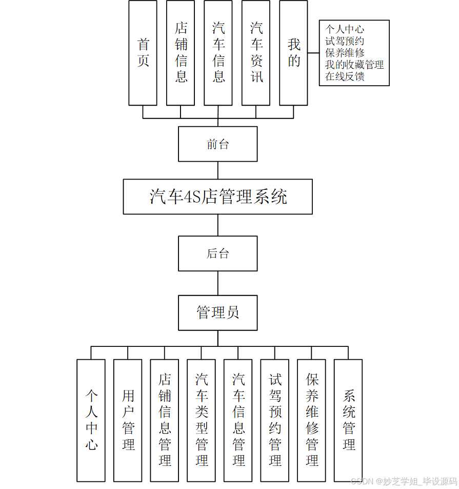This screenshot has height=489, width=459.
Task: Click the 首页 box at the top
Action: pos(143,53)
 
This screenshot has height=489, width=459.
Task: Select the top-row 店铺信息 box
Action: pos(181,53)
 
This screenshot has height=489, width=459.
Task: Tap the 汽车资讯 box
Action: pos(256,53)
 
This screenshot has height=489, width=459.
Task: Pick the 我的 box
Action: pos(293,53)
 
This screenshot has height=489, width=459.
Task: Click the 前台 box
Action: pos(218,144)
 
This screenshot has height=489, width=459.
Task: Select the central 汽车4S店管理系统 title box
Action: pos(218,197)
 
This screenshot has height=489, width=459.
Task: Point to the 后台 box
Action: pos(218,253)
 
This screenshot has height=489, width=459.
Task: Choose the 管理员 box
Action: pos(218,312)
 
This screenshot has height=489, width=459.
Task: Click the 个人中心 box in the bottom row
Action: pos(91,420)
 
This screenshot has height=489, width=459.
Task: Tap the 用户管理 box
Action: pos(128,420)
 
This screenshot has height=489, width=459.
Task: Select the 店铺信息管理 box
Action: pos(165,420)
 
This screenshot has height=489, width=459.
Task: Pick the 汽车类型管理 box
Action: pos(202,420)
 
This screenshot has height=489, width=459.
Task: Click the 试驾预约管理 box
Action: pos(275,420)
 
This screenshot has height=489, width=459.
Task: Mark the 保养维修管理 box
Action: pos(312,420)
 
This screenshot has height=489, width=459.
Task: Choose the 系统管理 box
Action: pos(349,420)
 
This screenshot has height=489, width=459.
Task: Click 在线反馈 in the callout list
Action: pos(345,77)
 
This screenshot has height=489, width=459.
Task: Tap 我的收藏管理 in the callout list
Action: pos(354,65)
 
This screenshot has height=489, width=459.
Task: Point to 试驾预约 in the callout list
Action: pos(345,42)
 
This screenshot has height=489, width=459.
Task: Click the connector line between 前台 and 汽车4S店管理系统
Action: pos(218,170)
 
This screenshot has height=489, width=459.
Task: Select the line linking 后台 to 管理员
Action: pos(218,283)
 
